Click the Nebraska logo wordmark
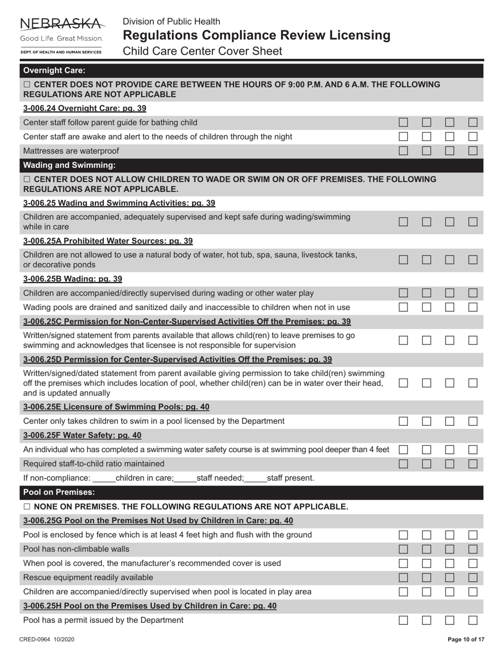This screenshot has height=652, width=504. point(61,24)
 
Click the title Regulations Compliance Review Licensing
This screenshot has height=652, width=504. point(256,36)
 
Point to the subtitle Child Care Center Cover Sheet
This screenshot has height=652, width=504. point(202,51)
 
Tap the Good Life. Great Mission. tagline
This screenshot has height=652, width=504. point(61,39)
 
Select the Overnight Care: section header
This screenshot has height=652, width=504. point(54,71)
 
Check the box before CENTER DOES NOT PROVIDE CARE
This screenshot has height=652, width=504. point(27,85)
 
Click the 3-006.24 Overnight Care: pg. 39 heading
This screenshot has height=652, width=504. point(84,108)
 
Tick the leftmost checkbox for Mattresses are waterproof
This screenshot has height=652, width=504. point(403,151)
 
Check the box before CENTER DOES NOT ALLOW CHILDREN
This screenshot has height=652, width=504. point(27,180)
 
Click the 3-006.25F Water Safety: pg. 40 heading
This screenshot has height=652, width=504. point(82,435)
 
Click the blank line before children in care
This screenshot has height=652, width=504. point(104,478)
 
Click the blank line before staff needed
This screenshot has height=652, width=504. point(185,478)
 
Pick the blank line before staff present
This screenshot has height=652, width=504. point(256,478)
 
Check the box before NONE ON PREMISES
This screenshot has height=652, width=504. point(27,507)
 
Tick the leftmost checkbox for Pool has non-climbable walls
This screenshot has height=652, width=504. point(403,549)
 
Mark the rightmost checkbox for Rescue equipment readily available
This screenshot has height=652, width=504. point(473,577)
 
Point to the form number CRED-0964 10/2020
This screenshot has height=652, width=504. point(47,640)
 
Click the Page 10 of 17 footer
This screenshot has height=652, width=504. point(466,640)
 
